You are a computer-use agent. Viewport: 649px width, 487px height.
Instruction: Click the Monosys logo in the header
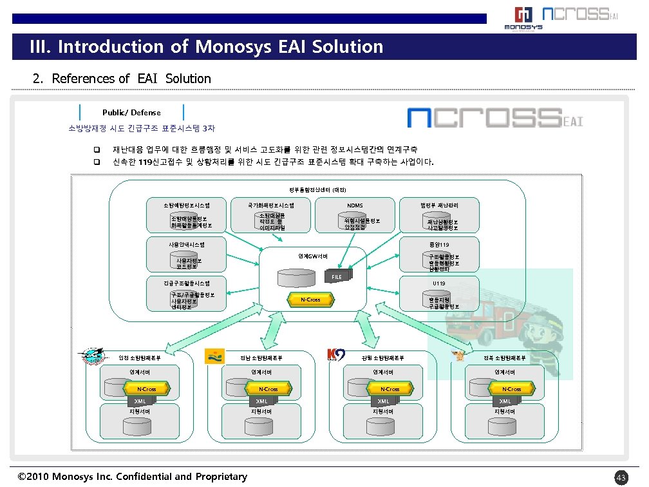click(523, 18)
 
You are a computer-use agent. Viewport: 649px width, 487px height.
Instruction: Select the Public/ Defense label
click(131, 113)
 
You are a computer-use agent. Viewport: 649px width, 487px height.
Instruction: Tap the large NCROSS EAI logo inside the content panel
click(494, 118)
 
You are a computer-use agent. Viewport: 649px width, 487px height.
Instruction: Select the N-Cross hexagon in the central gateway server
click(310, 300)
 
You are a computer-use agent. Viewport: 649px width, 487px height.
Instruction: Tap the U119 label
click(439, 283)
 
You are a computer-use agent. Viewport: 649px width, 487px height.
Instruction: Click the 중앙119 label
click(439, 243)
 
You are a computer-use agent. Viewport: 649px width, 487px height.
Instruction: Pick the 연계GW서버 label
click(312, 256)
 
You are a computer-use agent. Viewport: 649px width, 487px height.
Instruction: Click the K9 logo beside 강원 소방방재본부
click(336, 355)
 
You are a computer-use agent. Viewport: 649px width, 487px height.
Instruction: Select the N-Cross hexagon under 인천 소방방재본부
click(147, 389)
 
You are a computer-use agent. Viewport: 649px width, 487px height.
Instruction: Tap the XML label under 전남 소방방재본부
click(261, 401)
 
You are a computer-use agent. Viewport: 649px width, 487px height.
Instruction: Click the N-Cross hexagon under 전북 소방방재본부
click(511, 389)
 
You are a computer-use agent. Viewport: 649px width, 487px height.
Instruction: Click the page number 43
click(621, 477)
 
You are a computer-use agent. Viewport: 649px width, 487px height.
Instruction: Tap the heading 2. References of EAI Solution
click(122, 79)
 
